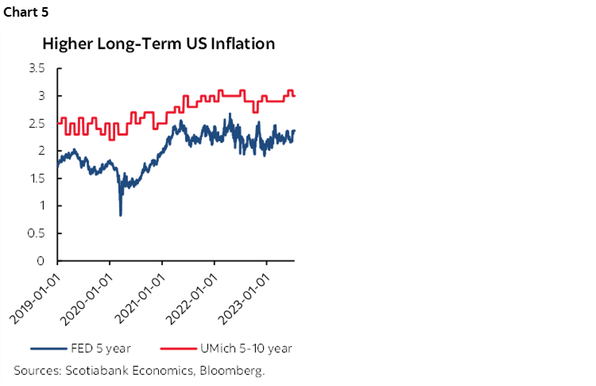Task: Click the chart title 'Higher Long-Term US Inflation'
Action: pyautogui.click(x=159, y=44)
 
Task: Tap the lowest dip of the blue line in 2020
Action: pyautogui.click(x=120, y=214)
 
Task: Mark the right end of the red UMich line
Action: pyautogui.click(x=296, y=96)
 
